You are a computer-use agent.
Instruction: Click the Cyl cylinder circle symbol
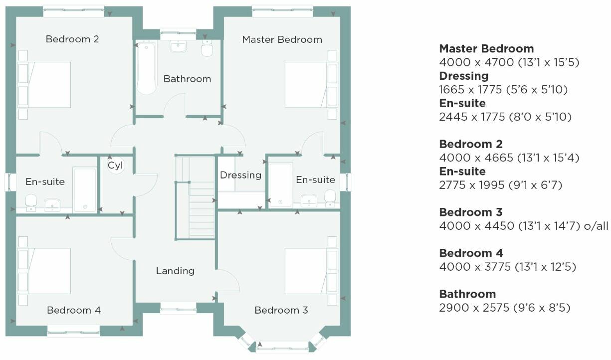point(115,165)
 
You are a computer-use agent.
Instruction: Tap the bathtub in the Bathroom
point(146,68)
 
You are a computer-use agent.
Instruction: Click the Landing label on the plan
point(175,271)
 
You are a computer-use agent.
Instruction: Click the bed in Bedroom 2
point(44,85)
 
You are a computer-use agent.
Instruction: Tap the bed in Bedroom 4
point(44,271)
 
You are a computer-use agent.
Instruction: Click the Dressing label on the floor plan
point(240,175)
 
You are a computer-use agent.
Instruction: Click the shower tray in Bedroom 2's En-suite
point(85,189)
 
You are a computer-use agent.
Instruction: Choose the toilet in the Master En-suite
point(330,197)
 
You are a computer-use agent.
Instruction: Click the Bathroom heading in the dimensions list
point(467,294)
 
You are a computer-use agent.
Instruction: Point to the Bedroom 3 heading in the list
point(471,212)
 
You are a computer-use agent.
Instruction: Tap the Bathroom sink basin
point(179,46)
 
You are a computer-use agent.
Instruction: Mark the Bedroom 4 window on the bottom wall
point(73,331)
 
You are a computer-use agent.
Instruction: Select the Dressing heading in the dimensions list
point(463,76)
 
